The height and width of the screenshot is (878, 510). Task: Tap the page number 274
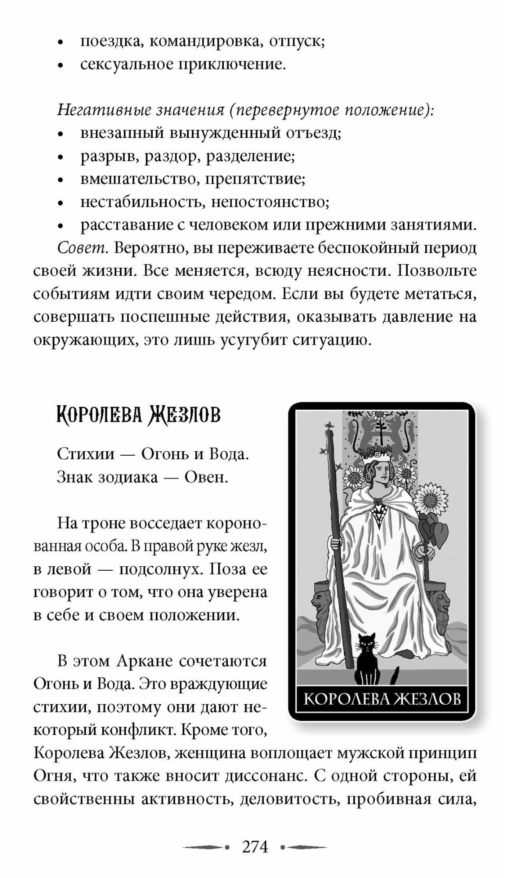coord(255,846)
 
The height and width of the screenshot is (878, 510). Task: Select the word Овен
coord(206,477)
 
